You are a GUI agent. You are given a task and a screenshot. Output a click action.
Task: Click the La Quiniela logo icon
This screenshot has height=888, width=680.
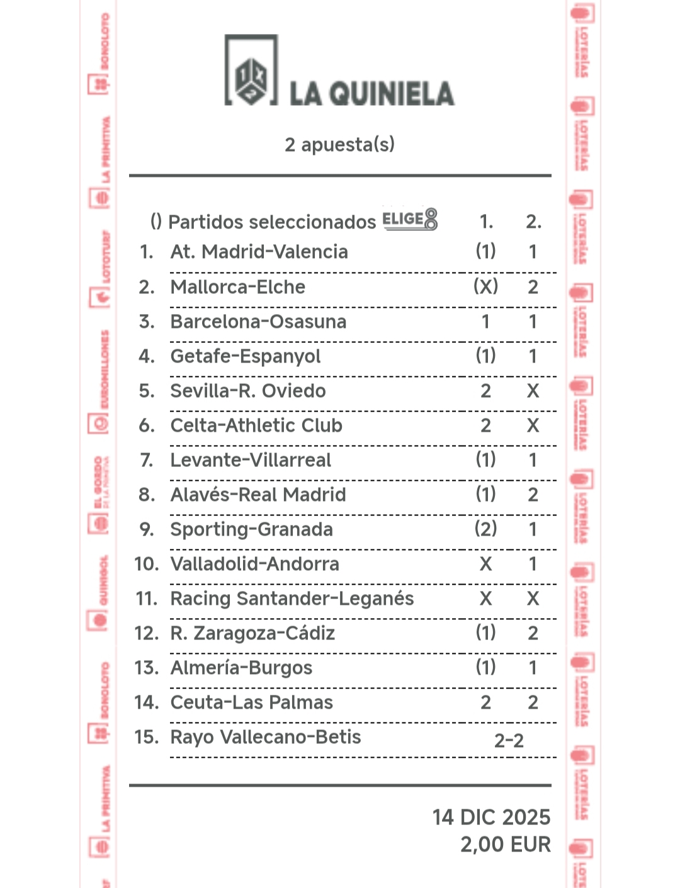tap(251, 70)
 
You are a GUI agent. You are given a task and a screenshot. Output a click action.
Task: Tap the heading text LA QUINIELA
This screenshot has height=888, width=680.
tap(371, 94)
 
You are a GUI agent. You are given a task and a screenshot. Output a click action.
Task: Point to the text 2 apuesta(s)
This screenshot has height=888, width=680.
tap(339, 145)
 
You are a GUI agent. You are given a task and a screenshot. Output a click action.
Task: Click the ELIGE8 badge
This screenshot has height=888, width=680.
tap(410, 219)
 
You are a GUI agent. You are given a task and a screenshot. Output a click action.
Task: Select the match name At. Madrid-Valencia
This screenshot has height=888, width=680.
tap(259, 252)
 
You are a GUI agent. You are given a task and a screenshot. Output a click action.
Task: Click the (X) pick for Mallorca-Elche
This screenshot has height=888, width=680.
tap(485, 287)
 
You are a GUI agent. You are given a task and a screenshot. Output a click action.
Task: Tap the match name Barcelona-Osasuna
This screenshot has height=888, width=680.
tap(258, 322)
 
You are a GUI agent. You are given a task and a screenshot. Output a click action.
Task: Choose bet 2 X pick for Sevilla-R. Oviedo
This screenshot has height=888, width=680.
tap(533, 391)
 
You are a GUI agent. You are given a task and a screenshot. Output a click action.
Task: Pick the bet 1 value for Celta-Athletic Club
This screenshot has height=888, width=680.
tap(485, 425)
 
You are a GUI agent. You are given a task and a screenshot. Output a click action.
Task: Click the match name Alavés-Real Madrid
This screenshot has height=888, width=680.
tap(258, 495)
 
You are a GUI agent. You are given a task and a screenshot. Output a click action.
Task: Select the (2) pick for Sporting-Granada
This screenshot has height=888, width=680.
tap(485, 529)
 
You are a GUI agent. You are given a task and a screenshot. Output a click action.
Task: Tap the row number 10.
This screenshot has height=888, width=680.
tap(147, 564)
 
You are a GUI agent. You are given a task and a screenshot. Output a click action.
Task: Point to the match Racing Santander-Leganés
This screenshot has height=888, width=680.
tap(292, 599)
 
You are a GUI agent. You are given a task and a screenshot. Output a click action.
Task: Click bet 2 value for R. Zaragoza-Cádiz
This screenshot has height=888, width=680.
tap(533, 633)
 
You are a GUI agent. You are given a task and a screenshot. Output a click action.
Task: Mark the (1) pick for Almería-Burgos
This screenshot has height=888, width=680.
tap(485, 668)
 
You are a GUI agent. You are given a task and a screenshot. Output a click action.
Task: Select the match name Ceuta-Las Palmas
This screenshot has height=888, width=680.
tap(251, 702)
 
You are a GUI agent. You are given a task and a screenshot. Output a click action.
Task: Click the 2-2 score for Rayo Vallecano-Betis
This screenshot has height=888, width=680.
tap(509, 741)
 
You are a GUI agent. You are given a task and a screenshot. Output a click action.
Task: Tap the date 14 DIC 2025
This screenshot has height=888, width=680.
tap(491, 817)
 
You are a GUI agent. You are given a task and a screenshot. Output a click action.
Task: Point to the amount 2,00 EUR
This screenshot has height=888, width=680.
tap(505, 844)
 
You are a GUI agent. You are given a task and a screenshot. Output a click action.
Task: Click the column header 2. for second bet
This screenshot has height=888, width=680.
tap(533, 222)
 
